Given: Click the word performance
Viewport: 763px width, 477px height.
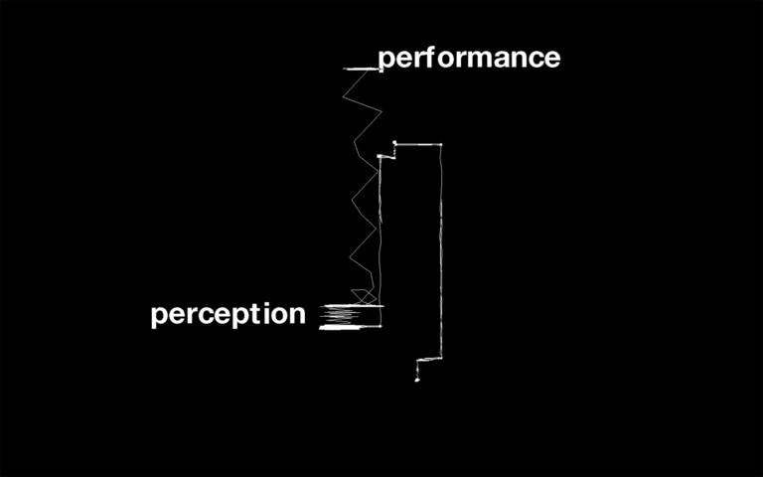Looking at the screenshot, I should click(x=469, y=59).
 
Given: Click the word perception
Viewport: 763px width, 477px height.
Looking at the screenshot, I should click(x=229, y=315).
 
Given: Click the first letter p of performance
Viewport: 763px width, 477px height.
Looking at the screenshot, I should click(x=386, y=61).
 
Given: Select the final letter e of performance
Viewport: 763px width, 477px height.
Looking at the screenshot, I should click(x=551, y=59).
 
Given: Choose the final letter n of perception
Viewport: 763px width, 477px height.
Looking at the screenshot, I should click(x=297, y=315).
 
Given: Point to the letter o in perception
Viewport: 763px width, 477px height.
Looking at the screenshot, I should click(x=280, y=316).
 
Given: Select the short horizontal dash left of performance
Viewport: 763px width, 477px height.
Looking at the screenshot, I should click(x=360, y=69).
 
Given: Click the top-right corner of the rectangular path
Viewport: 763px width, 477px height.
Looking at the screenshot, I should click(x=441, y=145).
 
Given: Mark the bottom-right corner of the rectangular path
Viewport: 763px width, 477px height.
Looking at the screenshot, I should click(x=441, y=358).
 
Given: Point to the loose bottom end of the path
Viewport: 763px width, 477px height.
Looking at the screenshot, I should click(x=417, y=379).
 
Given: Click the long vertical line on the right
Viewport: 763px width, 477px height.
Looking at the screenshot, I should click(x=441, y=248).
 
